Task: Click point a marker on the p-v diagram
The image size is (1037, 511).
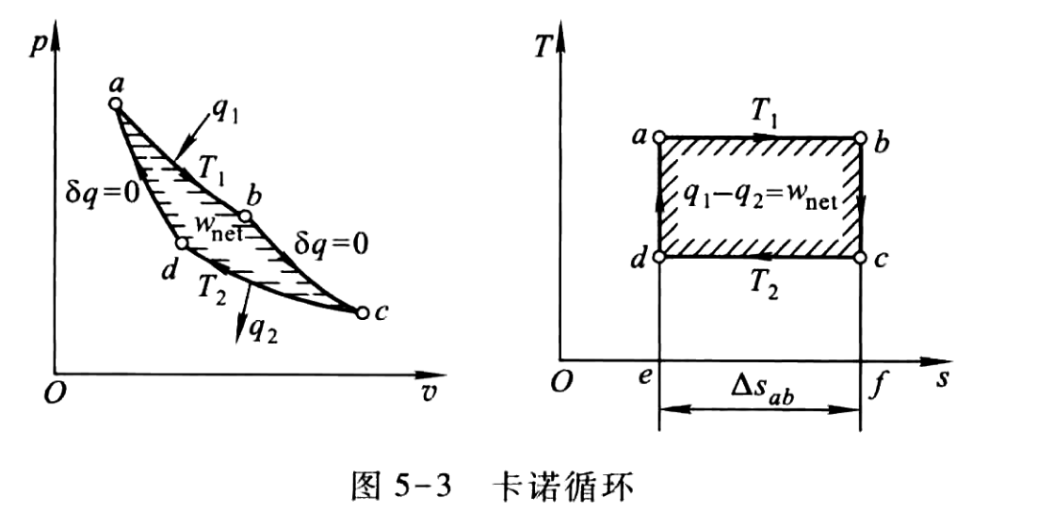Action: click(116, 104)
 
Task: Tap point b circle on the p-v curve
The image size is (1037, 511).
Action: click(245, 216)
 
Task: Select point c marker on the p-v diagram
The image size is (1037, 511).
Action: click(361, 312)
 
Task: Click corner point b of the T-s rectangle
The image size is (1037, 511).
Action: click(859, 138)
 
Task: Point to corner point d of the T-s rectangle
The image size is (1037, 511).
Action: click(658, 256)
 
